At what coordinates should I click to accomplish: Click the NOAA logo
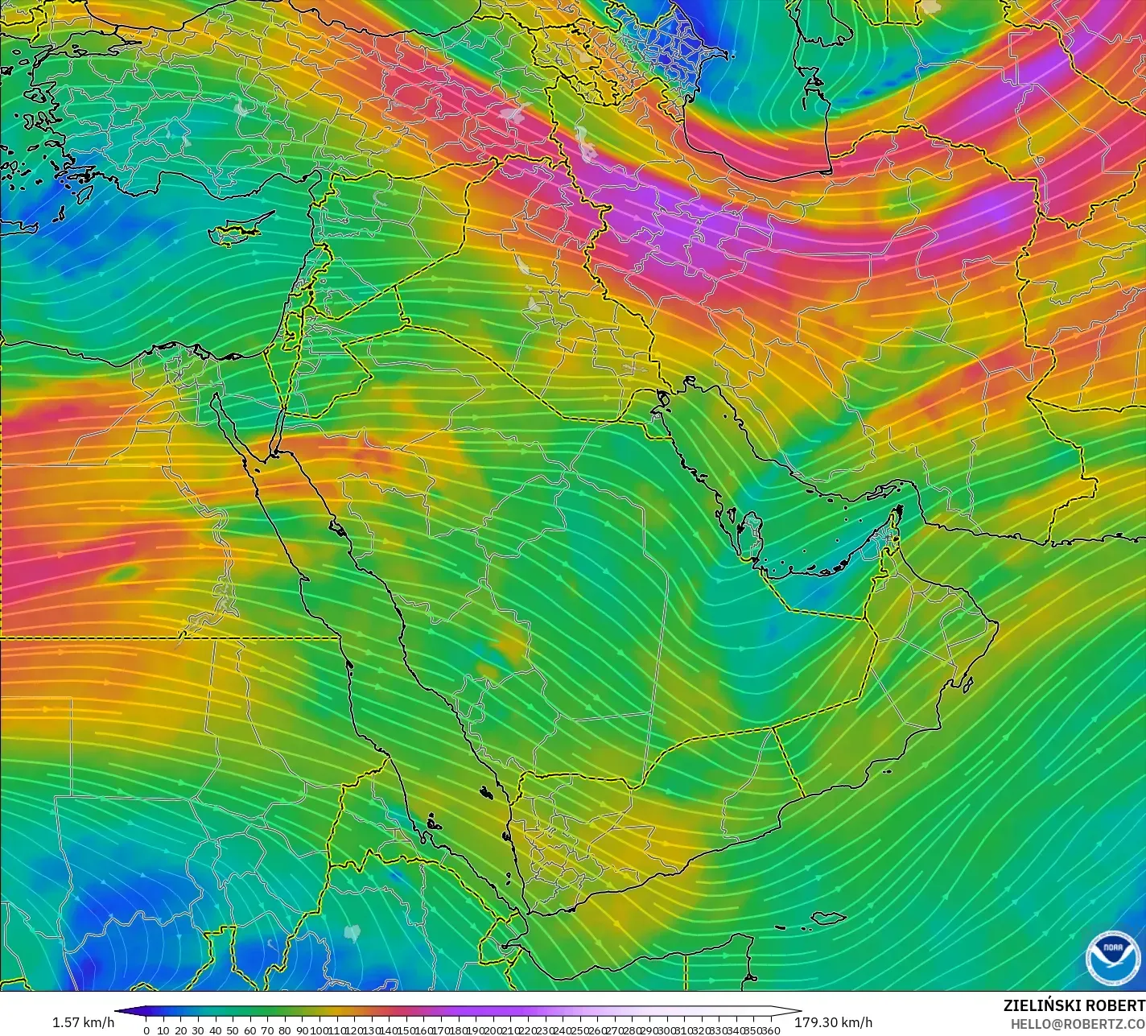[1113, 957]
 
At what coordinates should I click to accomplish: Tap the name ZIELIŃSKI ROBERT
[1074, 1005]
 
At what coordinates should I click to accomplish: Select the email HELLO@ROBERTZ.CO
[1078, 1023]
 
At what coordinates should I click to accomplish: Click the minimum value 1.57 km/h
[83, 1022]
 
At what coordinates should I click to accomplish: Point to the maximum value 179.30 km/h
[833, 1022]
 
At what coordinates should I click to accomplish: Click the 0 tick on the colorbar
[146, 1030]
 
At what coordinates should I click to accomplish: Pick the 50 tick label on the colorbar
[233, 1030]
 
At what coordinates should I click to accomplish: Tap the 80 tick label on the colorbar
[285, 1030]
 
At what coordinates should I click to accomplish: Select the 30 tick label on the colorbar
[198, 1030]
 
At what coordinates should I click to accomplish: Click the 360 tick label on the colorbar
[770, 1030]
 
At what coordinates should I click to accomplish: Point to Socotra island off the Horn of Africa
[828, 918]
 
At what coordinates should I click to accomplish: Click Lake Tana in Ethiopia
[351, 932]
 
